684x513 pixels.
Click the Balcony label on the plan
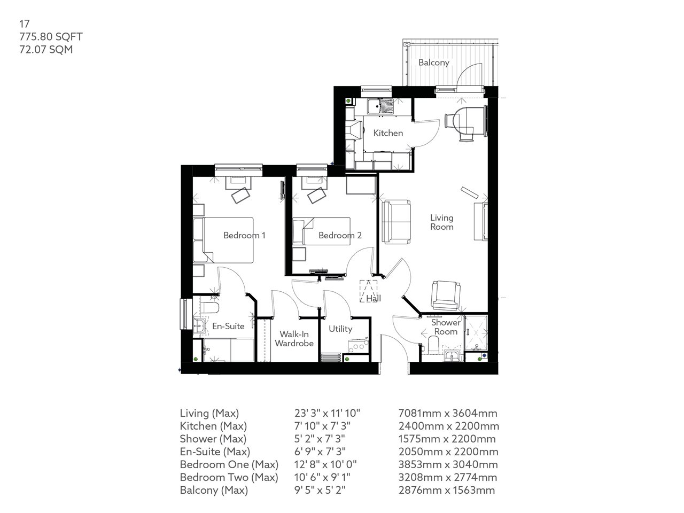(x=433, y=63)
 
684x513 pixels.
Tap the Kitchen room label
(x=388, y=133)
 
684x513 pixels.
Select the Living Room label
(x=442, y=222)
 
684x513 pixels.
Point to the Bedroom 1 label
(x=244, y=235)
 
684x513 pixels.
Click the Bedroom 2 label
(x=340, y=235)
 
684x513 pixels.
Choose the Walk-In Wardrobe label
(x=294, y=339)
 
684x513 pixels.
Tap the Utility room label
(x=340, y=329)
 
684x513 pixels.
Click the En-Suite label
(x=228, y=326)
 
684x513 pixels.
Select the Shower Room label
(x=446, y=327)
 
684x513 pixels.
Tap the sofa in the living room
(x=396, y=221)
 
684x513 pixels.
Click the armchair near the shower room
(x=445, y=296)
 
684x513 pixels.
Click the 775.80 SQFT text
(x=51, y=37)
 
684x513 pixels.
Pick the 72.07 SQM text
(x=46, y=50)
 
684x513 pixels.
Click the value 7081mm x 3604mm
(x=448, y=413)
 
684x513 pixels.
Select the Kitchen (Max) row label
(x=213, y=426)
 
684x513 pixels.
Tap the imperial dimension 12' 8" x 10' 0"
(x=325, y=464)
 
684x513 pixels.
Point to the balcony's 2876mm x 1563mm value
(x=447, y=490)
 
